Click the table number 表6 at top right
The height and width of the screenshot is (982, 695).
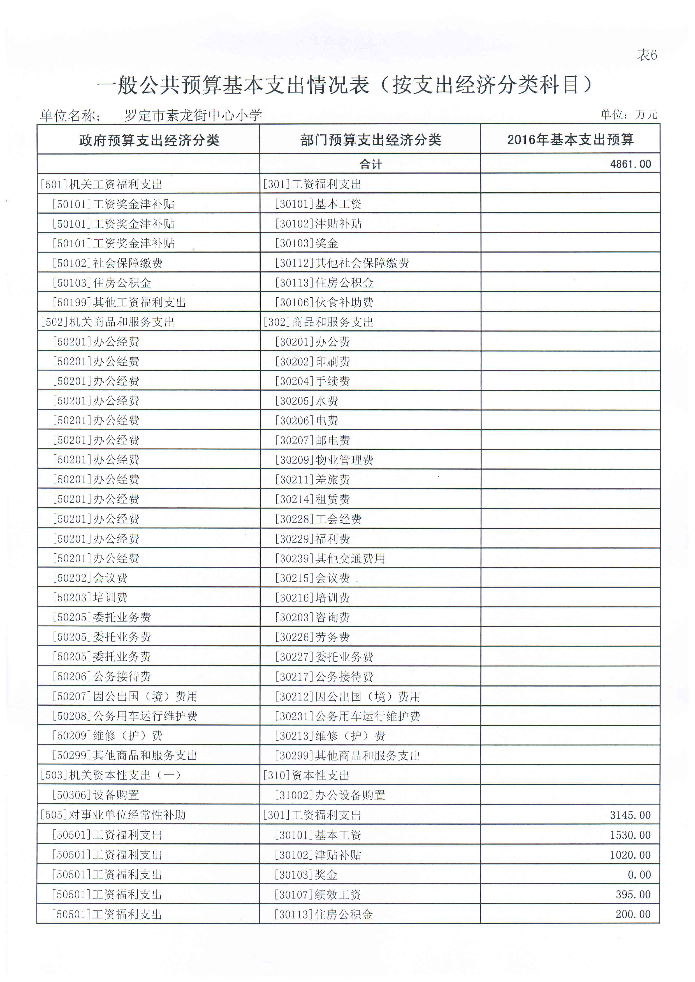647,55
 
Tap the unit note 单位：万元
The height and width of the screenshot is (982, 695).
629,114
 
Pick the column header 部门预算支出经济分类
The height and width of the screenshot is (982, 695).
370,140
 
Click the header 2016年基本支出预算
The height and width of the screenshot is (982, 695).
570,139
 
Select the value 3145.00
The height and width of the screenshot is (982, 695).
630,815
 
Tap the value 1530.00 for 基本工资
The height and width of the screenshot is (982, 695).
630,835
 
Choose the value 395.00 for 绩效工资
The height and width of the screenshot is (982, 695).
633,894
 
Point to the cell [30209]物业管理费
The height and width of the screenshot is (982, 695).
324,460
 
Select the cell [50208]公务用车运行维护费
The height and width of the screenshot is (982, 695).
124,716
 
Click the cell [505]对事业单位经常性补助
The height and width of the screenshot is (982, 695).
113,815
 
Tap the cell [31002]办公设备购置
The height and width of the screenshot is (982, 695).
330,795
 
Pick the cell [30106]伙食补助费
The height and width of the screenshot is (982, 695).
324,302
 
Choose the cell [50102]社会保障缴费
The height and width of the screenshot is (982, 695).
107,263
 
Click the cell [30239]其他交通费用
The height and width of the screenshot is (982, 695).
330,558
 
